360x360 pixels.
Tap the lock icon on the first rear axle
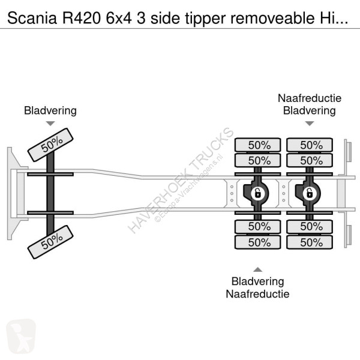point(256,193)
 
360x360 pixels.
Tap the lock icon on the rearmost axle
point(309,193)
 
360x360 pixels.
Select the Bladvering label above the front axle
point(50,110)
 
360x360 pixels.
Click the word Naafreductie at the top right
point(309,98)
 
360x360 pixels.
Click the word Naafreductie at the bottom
point(257,293)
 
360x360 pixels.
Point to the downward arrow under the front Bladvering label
point(50,124)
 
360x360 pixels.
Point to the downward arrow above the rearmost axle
point(310,124)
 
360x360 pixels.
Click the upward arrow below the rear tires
point(257,269)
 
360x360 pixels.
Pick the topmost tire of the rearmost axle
point(310,145)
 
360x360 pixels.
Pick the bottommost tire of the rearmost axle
point(310,242)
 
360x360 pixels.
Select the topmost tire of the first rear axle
point(257,145)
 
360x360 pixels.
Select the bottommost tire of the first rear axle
point(257,242)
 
